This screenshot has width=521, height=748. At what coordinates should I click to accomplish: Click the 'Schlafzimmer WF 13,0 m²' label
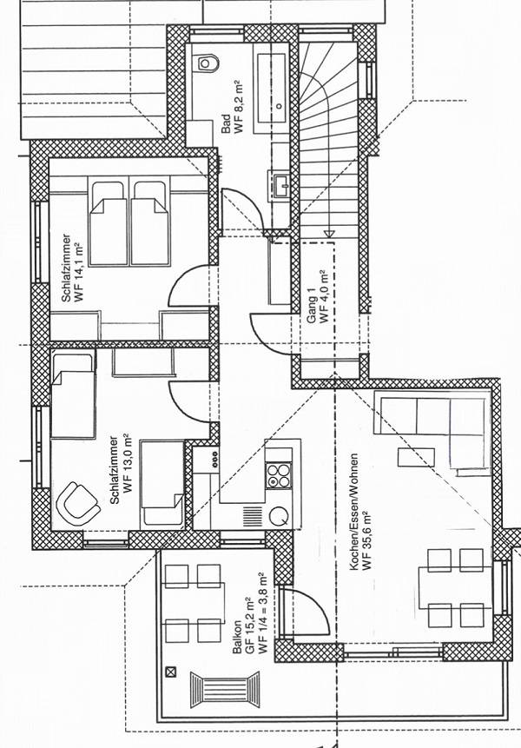pyautogui.click(x=121, y=470)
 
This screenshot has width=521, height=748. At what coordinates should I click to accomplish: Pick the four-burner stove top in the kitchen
pyautogui.click(x=279, y=475)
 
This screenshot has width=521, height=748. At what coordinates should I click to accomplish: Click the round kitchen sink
pyautogui.click(x=279, y=516)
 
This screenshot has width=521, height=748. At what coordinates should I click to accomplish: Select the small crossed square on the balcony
pyautogui.click(x=170, y=672)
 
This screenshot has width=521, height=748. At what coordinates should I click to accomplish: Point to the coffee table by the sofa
pyautogui.click(x=416, y=457)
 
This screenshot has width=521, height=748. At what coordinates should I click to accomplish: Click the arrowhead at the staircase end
pyautogui.click(x=329, y=235)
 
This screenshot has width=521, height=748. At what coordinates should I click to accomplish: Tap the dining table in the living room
pyautogui.click(x=455, y=587)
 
